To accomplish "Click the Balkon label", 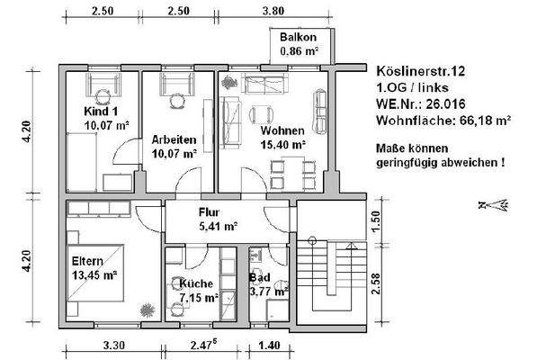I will (298, 38).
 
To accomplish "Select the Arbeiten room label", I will (175, 141).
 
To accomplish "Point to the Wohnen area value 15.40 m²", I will (282, 144).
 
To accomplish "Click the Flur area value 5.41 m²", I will (217, 227).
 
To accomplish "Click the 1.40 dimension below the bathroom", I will (268, 345).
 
